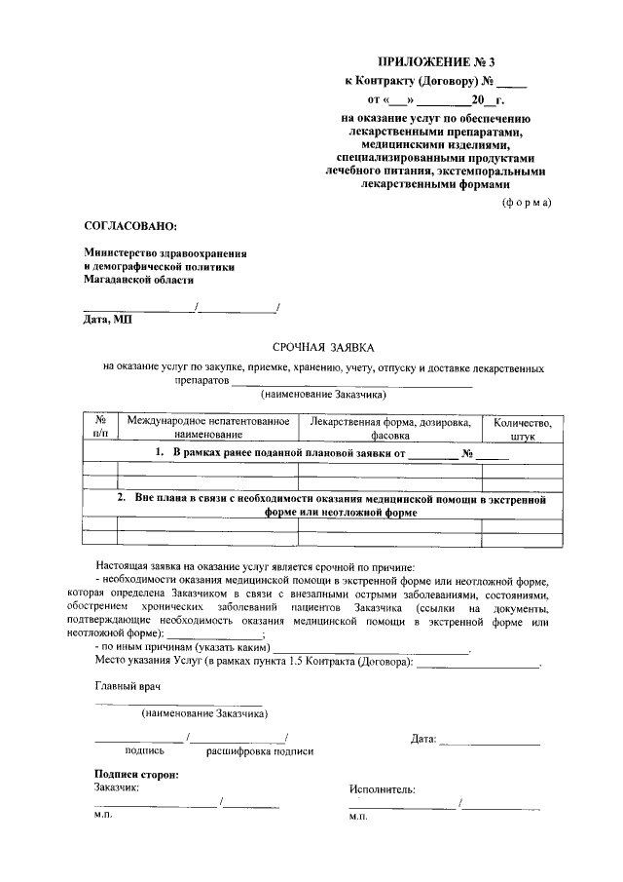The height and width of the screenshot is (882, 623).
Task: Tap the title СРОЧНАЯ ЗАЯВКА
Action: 318,346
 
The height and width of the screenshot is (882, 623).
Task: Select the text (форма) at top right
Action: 526,202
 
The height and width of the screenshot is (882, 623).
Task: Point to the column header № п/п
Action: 99,428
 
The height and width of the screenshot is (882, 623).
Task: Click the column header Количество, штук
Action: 522,429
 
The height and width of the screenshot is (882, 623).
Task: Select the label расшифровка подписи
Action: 260,751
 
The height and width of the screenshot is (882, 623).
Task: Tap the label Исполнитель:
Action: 382,789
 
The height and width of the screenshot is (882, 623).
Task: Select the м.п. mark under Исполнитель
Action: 357,819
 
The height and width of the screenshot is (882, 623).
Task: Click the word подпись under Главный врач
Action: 144,751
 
